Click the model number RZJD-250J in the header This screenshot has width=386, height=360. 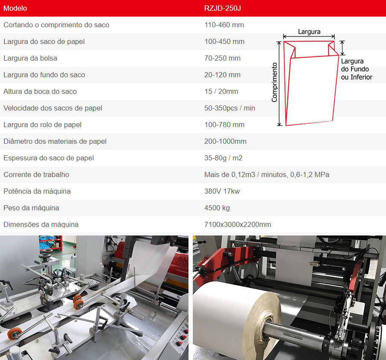[223, 9]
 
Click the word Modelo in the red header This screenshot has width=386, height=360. [15, 9]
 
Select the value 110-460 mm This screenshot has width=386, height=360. [224, 25]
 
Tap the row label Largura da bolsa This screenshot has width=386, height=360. [30, 58]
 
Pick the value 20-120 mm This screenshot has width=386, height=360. [222, 75]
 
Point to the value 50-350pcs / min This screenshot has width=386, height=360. [229, 108]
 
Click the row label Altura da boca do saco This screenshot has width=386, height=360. [40, 91]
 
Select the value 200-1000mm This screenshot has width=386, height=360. [225, 141]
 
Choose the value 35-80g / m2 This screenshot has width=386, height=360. [223, 158]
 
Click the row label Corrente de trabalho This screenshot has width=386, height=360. [36, 174]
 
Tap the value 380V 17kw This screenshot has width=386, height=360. [222, 192]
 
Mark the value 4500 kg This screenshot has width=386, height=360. [217, 208]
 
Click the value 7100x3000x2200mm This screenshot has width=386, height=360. [238, 224]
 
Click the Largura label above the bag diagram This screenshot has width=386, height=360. [309, 32]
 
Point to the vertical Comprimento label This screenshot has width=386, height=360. [274, 82]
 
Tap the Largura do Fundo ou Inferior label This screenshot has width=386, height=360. [357, 69]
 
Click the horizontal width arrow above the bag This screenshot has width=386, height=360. [309, 37]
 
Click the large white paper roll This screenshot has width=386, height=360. [236, 320]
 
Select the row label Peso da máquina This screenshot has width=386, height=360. [31, 208]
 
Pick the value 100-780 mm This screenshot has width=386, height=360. [224, 125]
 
